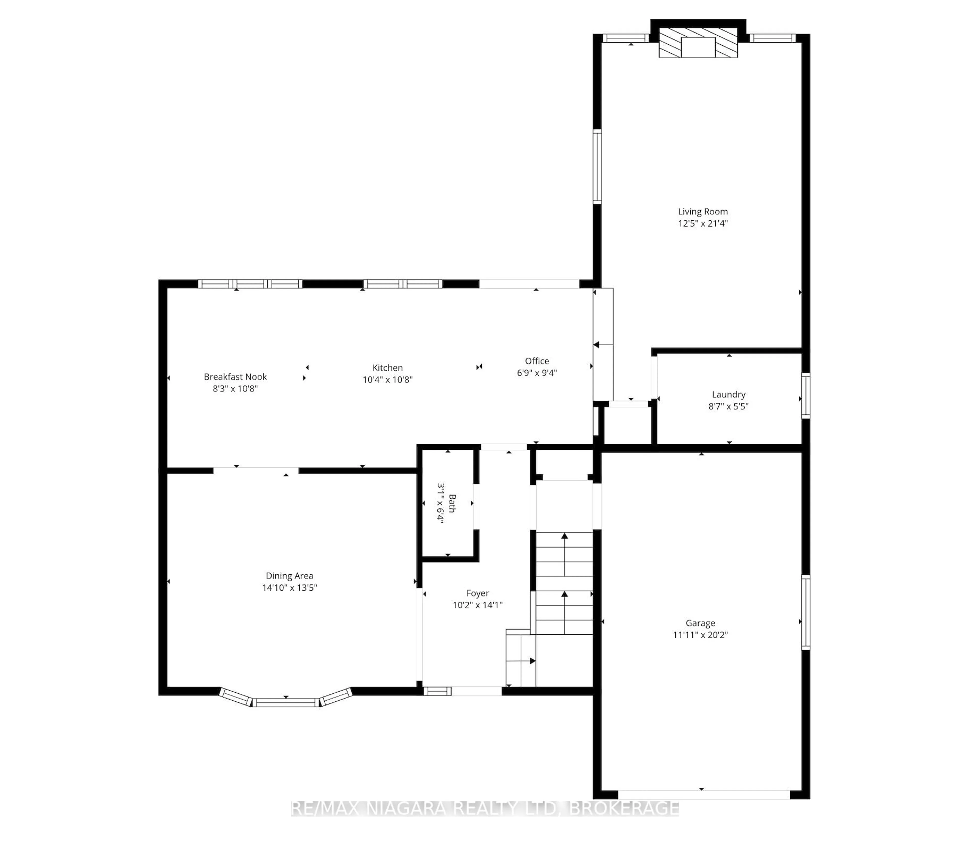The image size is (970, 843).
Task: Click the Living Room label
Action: tap(702, 212)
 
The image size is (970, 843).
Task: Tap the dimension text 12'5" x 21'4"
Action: tap(702, 223)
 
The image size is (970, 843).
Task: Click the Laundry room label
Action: tap(728, 394)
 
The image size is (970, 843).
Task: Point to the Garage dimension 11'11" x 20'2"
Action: tap(700, 635)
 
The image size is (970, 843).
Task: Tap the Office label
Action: tap(537, 361)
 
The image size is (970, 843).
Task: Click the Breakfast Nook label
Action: tap(235, 377)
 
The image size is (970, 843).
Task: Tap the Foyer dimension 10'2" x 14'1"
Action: tap(477, 605)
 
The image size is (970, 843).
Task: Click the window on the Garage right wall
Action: tap(806, 612)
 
